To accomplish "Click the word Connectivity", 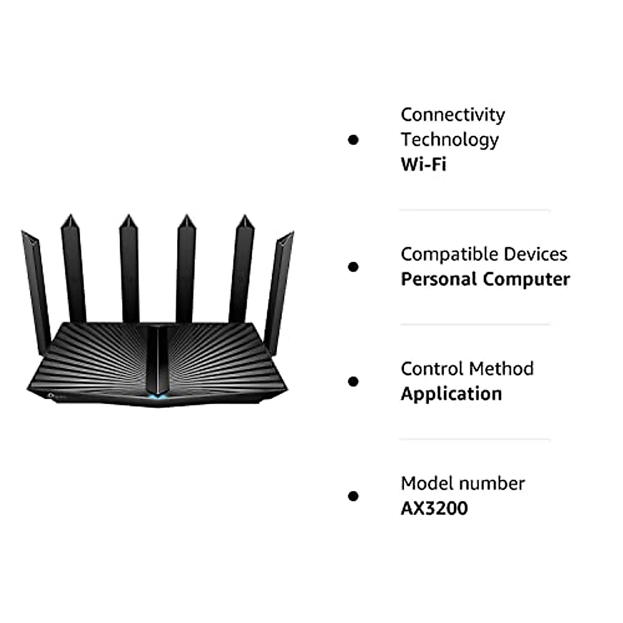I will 452,115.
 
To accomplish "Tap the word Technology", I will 449,140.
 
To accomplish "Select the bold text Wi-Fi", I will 423,165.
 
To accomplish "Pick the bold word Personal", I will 439,279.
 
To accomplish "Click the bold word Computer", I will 526,279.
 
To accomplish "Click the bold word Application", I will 451,394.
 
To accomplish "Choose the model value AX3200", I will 434,508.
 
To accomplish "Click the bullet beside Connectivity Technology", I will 354,140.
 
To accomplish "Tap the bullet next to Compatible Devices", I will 354,267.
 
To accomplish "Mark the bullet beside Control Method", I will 354,382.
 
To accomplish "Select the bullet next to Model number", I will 354,496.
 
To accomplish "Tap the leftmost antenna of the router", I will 35,280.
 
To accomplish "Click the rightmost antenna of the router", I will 279,286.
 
